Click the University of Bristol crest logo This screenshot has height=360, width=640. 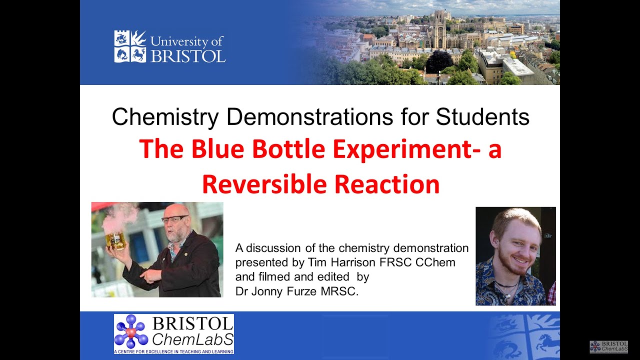[x=130, y=46]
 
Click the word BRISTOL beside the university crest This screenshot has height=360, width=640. [x=188, y=55]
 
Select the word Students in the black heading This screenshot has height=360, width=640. [x=482, y=117]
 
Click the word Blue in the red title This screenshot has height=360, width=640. [x=218, y=149]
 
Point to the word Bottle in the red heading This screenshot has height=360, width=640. [x=295, y=149]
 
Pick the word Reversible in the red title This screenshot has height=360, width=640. [x=264, y=183]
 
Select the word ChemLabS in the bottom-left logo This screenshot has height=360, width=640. [x=192, y=340]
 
